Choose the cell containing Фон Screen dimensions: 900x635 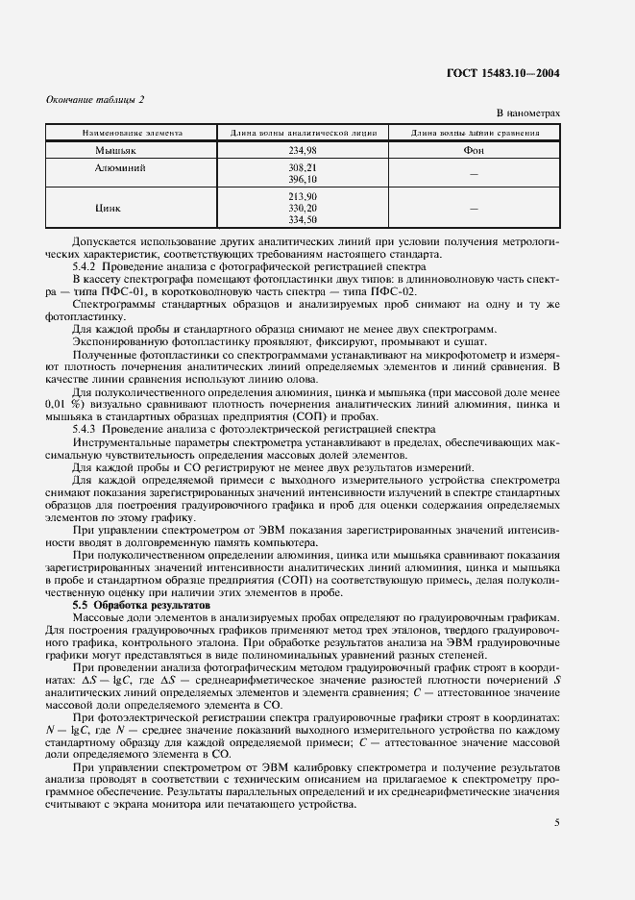pyautogui.click(x=475, y=150)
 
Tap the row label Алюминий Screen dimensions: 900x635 pyautogui.click(x=119, y=167)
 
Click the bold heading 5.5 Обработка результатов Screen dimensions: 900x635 pyautogui.click(x=140, y=606)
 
